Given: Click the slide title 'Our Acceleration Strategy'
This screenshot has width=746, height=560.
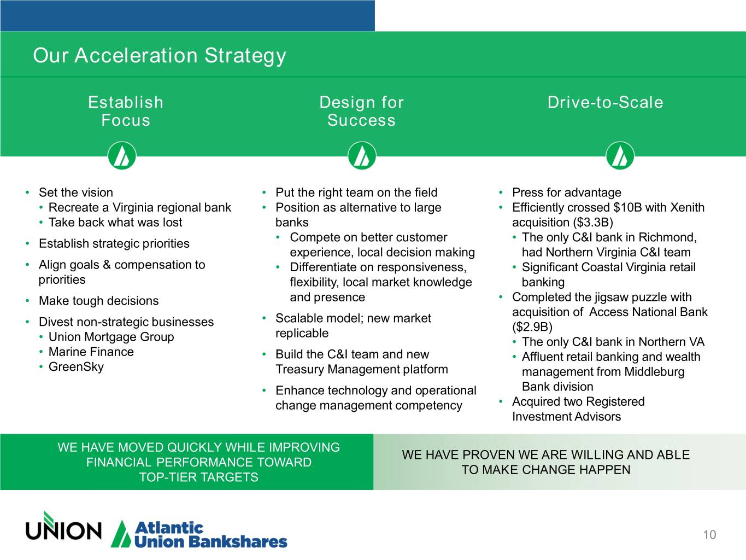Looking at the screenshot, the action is tap(160, 56).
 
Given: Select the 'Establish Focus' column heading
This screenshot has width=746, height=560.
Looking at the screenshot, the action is tap(126, 111).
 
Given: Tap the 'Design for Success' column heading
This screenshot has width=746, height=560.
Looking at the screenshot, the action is tap(362, 111).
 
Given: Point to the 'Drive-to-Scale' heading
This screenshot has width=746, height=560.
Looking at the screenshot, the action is tap(606, 102).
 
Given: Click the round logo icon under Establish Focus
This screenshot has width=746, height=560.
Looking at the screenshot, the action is tap(122, 155).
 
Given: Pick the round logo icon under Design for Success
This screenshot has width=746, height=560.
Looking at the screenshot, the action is tap(362, 155).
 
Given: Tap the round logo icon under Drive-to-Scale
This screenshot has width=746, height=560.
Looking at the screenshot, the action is tap(620, 155).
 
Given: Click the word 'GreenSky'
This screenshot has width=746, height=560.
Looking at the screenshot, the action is tap(76, 367).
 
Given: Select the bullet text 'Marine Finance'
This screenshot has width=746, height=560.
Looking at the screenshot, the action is tap(91, 352).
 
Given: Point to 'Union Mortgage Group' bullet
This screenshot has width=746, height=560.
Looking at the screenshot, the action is tap(111, 337).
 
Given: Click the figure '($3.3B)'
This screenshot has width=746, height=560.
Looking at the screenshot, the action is tap(593, 223).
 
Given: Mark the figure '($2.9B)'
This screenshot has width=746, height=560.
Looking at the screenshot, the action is tap(532, 326).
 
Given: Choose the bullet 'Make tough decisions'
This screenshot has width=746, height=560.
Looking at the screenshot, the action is tap(98, 301).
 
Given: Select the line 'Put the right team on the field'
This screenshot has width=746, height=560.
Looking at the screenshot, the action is tap(356, 192).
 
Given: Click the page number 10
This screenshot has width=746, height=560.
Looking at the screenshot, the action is tap(709, 535).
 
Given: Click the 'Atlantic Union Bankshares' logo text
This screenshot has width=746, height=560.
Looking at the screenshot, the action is tap(211, 535).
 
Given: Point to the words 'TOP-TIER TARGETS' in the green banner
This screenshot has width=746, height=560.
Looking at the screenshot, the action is tap(199, 477).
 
